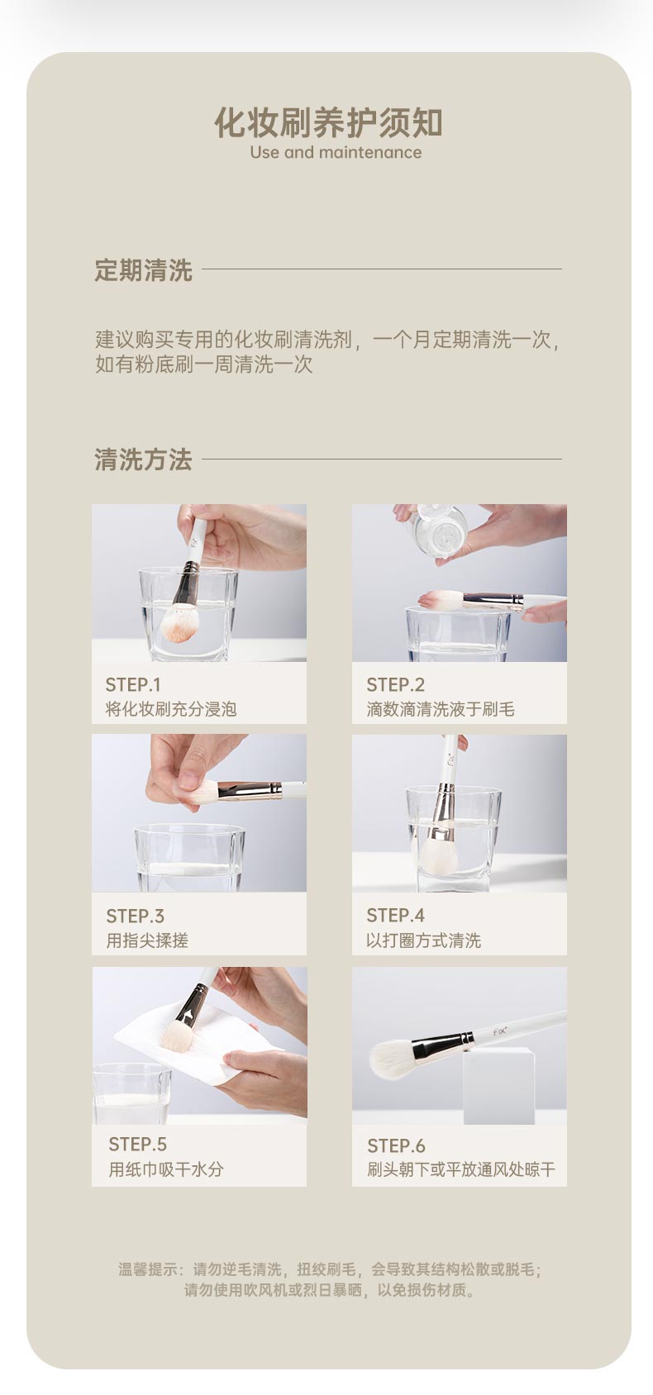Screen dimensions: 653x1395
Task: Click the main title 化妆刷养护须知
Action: pyautogui.click(x=328, y=122)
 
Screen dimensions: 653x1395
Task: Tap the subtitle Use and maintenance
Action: pyautogui.click(x=336, y=153)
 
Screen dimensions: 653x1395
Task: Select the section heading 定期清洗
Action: pyautogui.click(x=143, y=270)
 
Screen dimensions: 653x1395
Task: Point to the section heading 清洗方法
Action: pyautogui.click(x=143, y=459)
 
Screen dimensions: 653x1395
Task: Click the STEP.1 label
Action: pyautogui.click(x=133, y=685)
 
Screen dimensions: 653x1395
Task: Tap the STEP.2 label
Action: pyautogui.click(x=396, y=685)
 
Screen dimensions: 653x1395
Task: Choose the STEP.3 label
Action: pyautogui.click(x=136, y=917)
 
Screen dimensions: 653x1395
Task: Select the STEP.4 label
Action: pyautogui.click(x=396, y=916)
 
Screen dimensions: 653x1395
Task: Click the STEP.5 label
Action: pyautogui.click(x=138, y=1144)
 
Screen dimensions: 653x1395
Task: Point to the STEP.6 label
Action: pyautogui.click(x=396, y=1146)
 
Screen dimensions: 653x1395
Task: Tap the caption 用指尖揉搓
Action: pyautogui.click(x=147, y=940)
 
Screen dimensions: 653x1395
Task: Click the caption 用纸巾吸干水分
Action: pyautogui.click(x=166, y=1169)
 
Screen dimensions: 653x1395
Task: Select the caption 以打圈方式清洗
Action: pyautogui.click(x=424, y=940)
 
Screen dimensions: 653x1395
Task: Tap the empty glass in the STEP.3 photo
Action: pyautogui.click(x=189, y=858)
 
